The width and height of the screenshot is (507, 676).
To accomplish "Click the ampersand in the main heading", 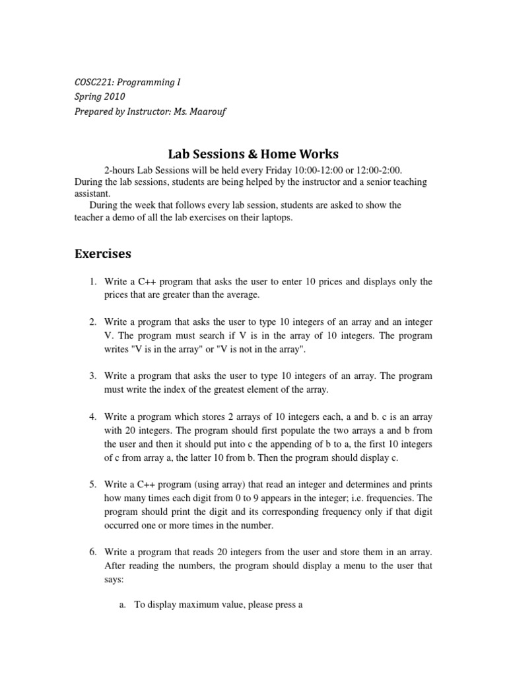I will [252, 154].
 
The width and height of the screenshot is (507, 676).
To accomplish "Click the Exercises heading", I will [103, 253].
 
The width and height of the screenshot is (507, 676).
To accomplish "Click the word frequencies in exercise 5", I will [389, 498].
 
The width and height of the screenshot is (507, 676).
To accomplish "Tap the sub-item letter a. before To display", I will [122, 604].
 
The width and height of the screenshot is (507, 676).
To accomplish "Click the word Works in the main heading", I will [319, 154].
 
